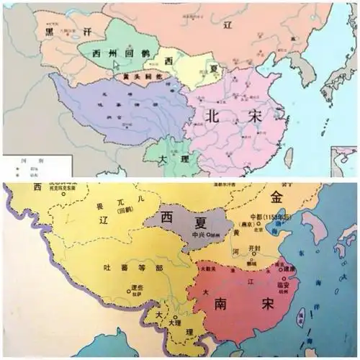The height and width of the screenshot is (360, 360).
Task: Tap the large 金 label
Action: [277, 197]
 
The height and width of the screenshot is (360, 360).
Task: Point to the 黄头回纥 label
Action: [138, 74]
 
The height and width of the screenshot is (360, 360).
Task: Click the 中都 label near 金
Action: [250, 216]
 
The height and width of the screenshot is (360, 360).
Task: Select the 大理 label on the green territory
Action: [163, 158]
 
